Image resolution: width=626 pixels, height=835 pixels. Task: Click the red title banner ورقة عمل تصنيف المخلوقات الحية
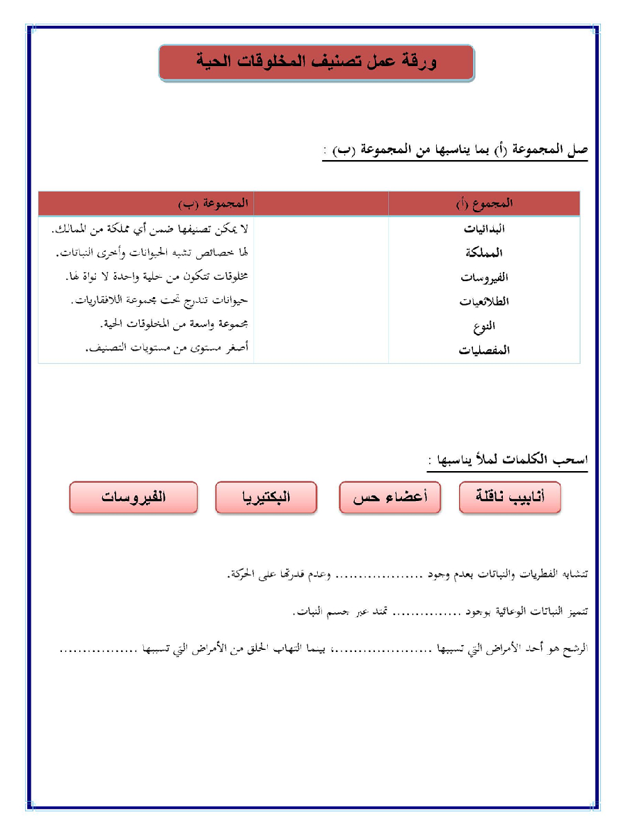(316, 63)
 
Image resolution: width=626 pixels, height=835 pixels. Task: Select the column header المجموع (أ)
(484, 204)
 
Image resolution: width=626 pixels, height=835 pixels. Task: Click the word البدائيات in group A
(484, 229)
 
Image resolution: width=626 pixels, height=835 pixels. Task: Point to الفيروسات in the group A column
(485, 277)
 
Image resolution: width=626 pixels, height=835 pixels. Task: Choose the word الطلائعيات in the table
(484, 301)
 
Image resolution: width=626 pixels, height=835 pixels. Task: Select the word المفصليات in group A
(484, 350)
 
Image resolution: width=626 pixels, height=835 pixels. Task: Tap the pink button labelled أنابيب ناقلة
(510, 498)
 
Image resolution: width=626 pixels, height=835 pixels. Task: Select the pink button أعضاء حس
(390, 498)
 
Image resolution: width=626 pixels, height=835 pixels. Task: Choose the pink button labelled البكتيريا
(266, 498)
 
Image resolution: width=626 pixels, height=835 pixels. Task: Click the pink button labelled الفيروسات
(134, 498)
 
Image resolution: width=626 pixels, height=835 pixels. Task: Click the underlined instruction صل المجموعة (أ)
(456, 151)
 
